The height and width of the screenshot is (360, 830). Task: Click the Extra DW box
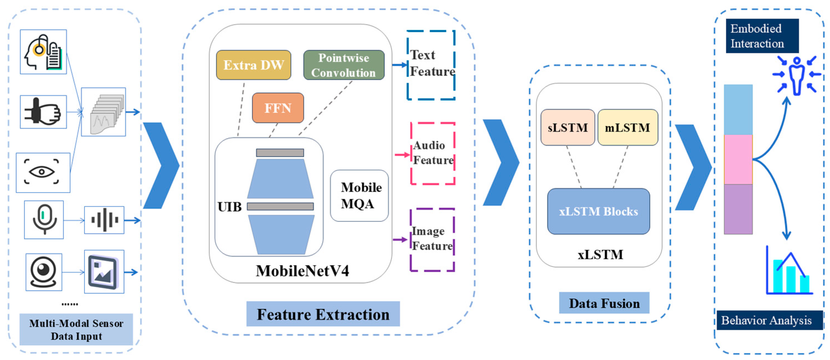[x=254, y=65]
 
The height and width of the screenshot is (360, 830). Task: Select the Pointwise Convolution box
[x=344, y=65]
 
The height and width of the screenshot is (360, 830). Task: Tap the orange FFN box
[x=278, y=108]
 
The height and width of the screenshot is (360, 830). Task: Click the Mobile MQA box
[x=359, y=196]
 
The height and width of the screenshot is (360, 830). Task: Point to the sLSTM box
[x=568, y=128]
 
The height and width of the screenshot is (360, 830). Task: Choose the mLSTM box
[x=627, y=128]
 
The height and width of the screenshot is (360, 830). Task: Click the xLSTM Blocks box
[x=598, y=211]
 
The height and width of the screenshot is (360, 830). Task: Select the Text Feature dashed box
[x=431, y=65]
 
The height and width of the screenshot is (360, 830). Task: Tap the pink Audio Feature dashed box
[x=433, y=153]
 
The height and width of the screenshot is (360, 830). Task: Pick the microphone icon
[x=44, y=220]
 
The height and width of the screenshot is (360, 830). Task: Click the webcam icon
[x=44, y=272]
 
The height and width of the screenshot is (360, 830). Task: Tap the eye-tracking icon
[x=43, y=173]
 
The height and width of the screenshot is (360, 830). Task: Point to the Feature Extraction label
[x=323, y=314]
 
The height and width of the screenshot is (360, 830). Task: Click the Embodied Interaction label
[x=762, y=36]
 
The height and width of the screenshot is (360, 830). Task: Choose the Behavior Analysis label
[x=769, y=320]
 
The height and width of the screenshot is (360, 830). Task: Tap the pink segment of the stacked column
[x=738, y=160]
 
